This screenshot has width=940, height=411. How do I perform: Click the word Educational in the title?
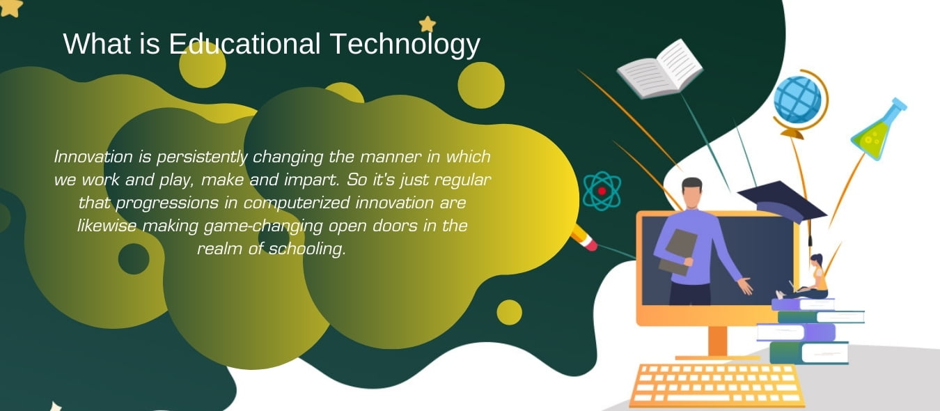(x=244, y=44)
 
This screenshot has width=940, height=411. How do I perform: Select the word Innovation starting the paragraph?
(x=93, y=157)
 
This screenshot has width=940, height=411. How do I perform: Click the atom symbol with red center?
(x=602, y=191)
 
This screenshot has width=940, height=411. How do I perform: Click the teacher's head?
(x=692, y=192)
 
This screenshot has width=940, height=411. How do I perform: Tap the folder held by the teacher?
(x=677, y=251)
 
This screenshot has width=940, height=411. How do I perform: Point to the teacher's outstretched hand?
(x=744, y=286)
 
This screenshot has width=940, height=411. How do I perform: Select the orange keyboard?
(x=718, y=385)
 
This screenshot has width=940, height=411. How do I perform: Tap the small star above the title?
(x=428, y=24)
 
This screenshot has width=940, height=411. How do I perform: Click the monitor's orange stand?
(x=718, y=343)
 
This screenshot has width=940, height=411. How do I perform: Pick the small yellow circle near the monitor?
(x=509, y=312)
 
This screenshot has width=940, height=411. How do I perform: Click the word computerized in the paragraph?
(x=296, y=203)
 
